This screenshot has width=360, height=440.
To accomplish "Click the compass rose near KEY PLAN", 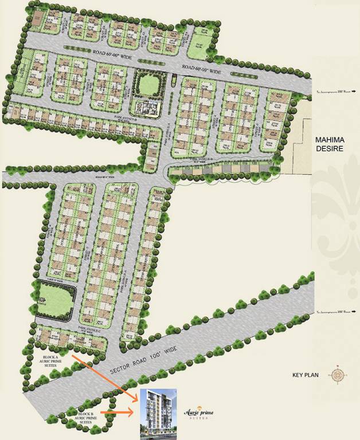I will (x=336, y=376).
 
